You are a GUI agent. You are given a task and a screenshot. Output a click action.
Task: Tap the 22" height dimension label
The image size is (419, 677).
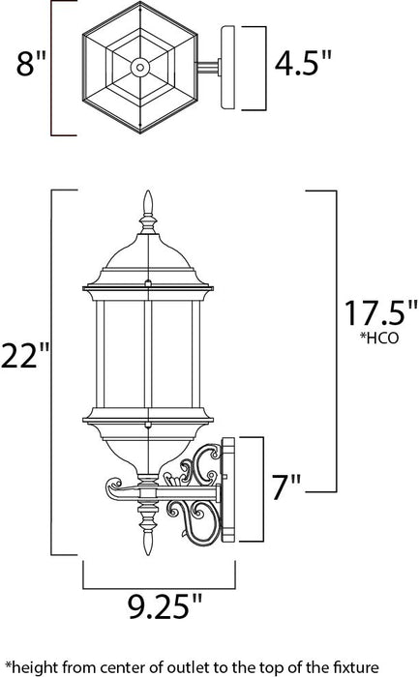[26, 358]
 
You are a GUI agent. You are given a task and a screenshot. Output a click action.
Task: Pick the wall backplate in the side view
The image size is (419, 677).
[230, 488]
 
